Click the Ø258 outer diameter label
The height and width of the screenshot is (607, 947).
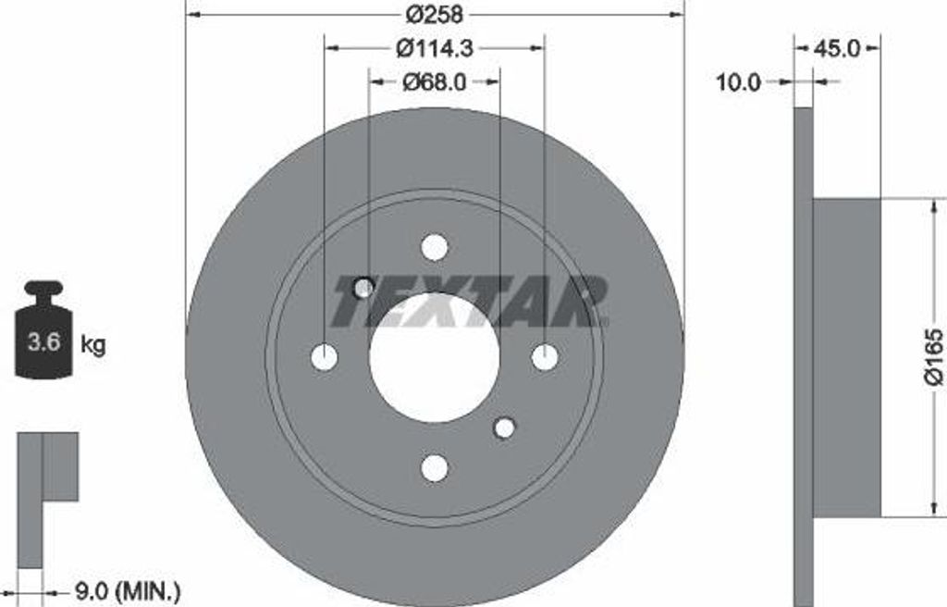[x=434, y=15]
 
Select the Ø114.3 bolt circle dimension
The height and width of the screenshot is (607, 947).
[x=435, y=48]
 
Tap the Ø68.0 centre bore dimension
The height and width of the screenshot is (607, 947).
[x=435, y=82]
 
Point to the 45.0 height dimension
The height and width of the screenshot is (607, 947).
[x=838, y=48]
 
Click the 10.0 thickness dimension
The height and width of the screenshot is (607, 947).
[x=739, y=82]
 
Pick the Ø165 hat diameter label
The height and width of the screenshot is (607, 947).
[x=933, y=356]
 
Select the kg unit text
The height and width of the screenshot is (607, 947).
[x=93, y=345]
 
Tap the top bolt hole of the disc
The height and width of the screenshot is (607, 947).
[x=434, y=247]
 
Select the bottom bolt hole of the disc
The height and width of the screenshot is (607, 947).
[x=434, y=468]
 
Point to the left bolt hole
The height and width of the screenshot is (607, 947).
[x=324, y=357]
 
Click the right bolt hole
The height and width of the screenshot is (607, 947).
[x=545, y=357]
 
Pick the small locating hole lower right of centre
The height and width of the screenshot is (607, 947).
[x=504, y=427]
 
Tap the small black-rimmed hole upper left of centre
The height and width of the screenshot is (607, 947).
[x=363, y=288]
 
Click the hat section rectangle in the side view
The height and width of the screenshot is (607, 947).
[x=846, y=357]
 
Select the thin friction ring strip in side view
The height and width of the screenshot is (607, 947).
[x=804, y=356]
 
